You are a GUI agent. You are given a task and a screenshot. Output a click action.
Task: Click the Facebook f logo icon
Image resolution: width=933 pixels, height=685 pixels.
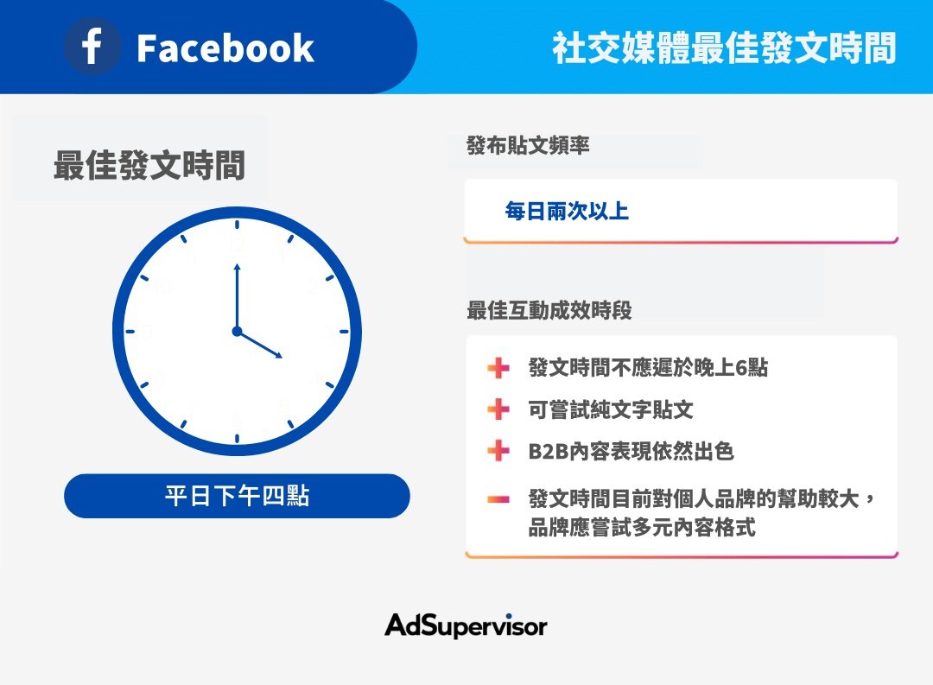[x=92, y=47]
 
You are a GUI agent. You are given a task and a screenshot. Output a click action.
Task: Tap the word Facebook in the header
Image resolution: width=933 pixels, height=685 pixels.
[x=225, y=48]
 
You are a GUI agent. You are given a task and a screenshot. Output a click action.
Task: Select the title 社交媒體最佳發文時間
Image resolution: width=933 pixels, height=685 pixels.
[x=724, y=48]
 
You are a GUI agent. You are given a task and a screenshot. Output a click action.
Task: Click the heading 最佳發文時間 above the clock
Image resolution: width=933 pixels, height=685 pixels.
[x=149, y=165]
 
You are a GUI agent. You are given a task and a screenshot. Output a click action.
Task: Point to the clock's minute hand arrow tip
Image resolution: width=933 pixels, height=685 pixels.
[x=237, y=265]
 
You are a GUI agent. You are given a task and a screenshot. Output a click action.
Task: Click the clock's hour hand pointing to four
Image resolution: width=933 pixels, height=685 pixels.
[x=259, y=345]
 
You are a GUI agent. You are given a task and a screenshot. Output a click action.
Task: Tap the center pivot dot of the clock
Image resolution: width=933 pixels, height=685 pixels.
[x=237, y=332]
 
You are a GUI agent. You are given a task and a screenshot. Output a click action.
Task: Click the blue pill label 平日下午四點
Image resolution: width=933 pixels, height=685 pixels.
[x=237, y=496]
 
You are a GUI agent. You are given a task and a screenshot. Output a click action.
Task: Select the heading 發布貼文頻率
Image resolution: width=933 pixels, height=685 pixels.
[x=528, y=145]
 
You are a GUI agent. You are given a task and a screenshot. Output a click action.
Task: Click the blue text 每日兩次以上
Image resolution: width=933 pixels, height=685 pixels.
[x=567, y=211]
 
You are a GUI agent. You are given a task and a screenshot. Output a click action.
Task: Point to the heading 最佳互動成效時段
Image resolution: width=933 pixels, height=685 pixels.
[x=549, y=310]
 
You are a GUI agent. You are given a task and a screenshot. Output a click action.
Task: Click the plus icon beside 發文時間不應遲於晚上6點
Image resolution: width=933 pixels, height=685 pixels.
[x=498, y=368]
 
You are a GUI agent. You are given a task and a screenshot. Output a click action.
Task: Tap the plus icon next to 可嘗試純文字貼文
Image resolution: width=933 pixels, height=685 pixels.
[x=498, y=409]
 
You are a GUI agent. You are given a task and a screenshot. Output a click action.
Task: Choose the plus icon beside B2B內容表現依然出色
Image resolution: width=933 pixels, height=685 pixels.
[x=498, y=451]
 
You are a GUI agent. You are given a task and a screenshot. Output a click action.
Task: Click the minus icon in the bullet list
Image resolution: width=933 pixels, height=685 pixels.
[x=498, y=498]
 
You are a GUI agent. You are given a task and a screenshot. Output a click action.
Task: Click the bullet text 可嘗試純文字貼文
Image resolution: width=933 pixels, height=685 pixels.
[x=611, y=409]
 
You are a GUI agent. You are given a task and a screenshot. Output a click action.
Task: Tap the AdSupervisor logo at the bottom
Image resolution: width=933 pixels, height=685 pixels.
[x=466, y=625]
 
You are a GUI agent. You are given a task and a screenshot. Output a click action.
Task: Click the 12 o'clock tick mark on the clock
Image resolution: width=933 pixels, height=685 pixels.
[x=237, y=225]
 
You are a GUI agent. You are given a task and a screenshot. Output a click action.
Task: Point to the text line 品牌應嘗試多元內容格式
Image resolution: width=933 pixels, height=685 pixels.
[x=642, y=527]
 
